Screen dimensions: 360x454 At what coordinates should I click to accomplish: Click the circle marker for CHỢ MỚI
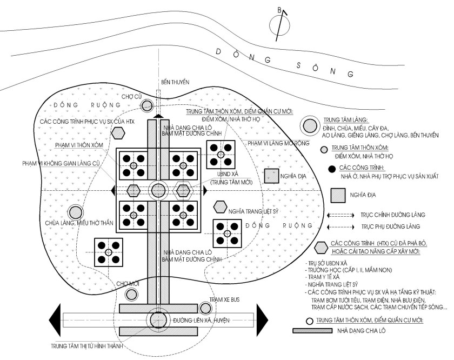131,295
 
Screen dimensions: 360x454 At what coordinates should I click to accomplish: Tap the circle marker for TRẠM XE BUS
205,308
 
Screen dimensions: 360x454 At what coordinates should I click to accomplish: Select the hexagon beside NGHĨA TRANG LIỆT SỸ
220,206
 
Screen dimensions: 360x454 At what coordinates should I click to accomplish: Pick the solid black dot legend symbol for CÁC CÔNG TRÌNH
331,169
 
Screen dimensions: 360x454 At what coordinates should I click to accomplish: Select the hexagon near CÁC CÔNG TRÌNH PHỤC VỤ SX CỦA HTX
116,133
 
